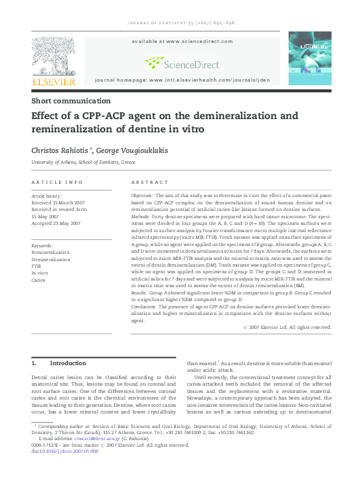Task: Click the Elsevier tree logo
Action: [54, 59]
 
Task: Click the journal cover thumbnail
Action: [309, 58]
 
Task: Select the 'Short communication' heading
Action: [71, 101]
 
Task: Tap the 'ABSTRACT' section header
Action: [150, 182]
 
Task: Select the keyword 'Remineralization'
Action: [50, 252]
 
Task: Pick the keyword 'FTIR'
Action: [36, 266]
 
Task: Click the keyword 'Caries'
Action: [38, 280]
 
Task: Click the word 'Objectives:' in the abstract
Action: [143, 196]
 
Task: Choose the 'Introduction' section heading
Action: [68, 363]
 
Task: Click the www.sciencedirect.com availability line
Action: [182, 41]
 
